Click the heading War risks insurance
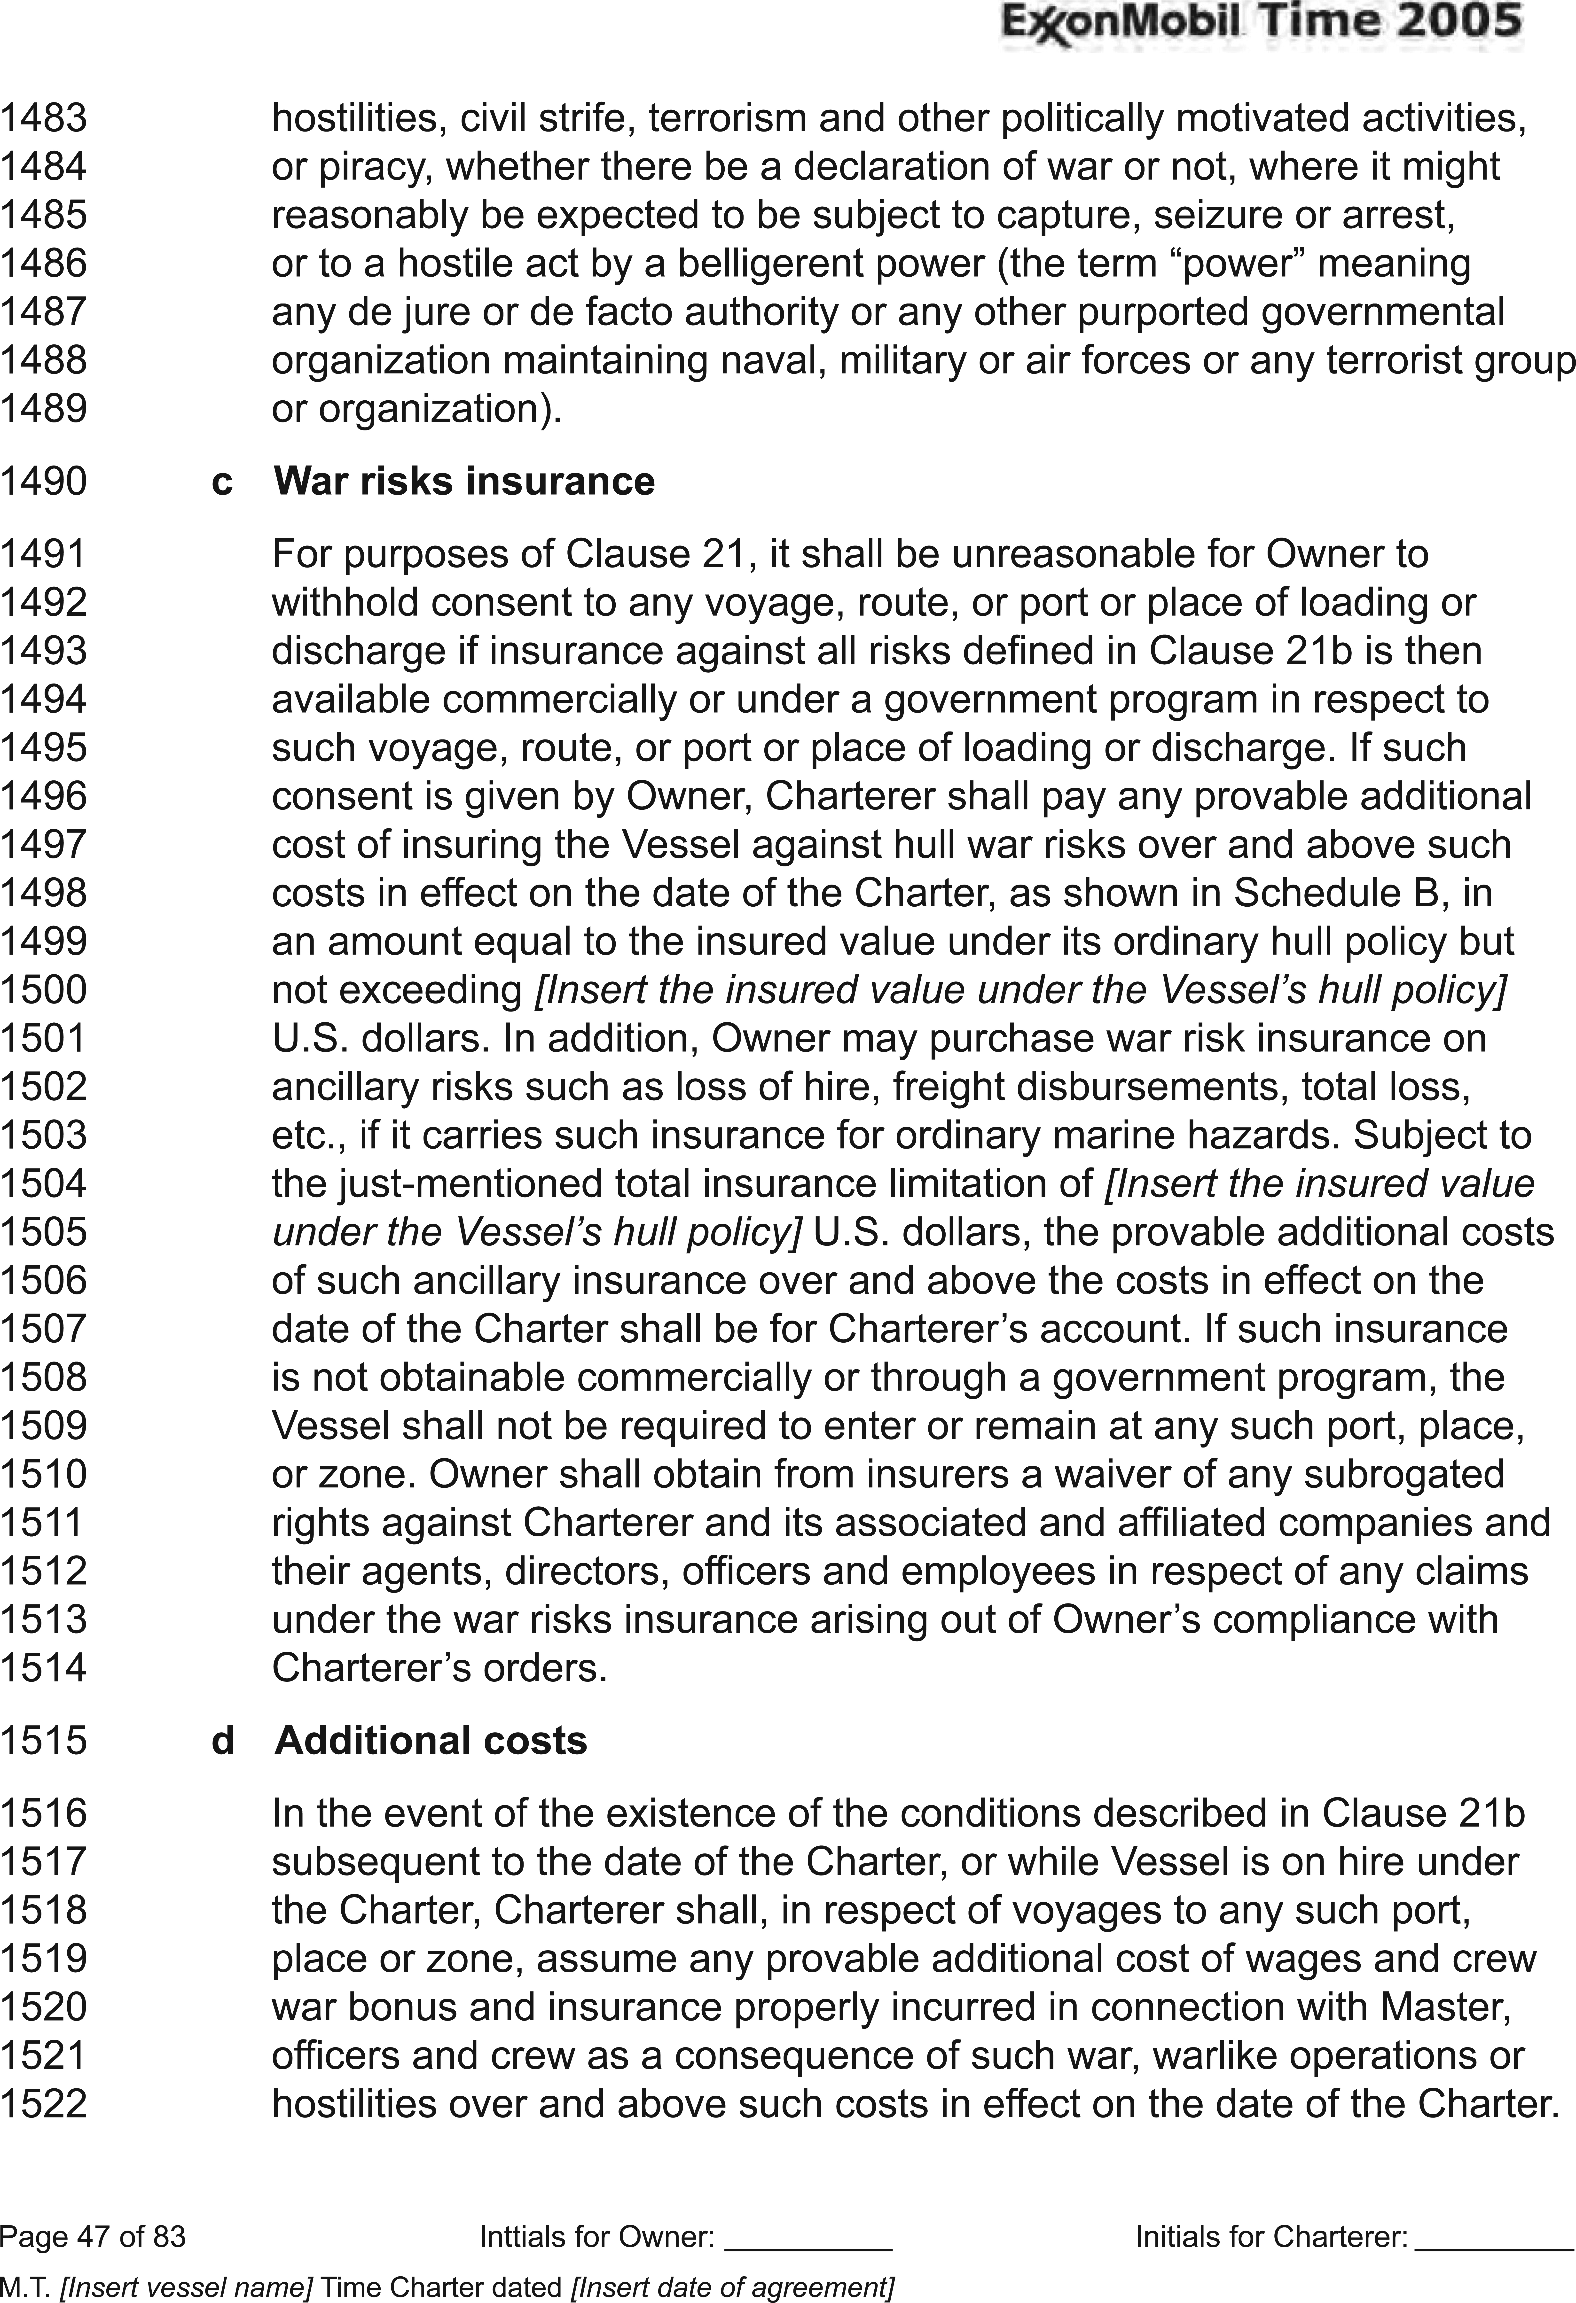tap(464, 482)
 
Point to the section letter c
tap(222, 482)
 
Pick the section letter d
tap(222, 1741)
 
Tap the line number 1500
tap(44, 990)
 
